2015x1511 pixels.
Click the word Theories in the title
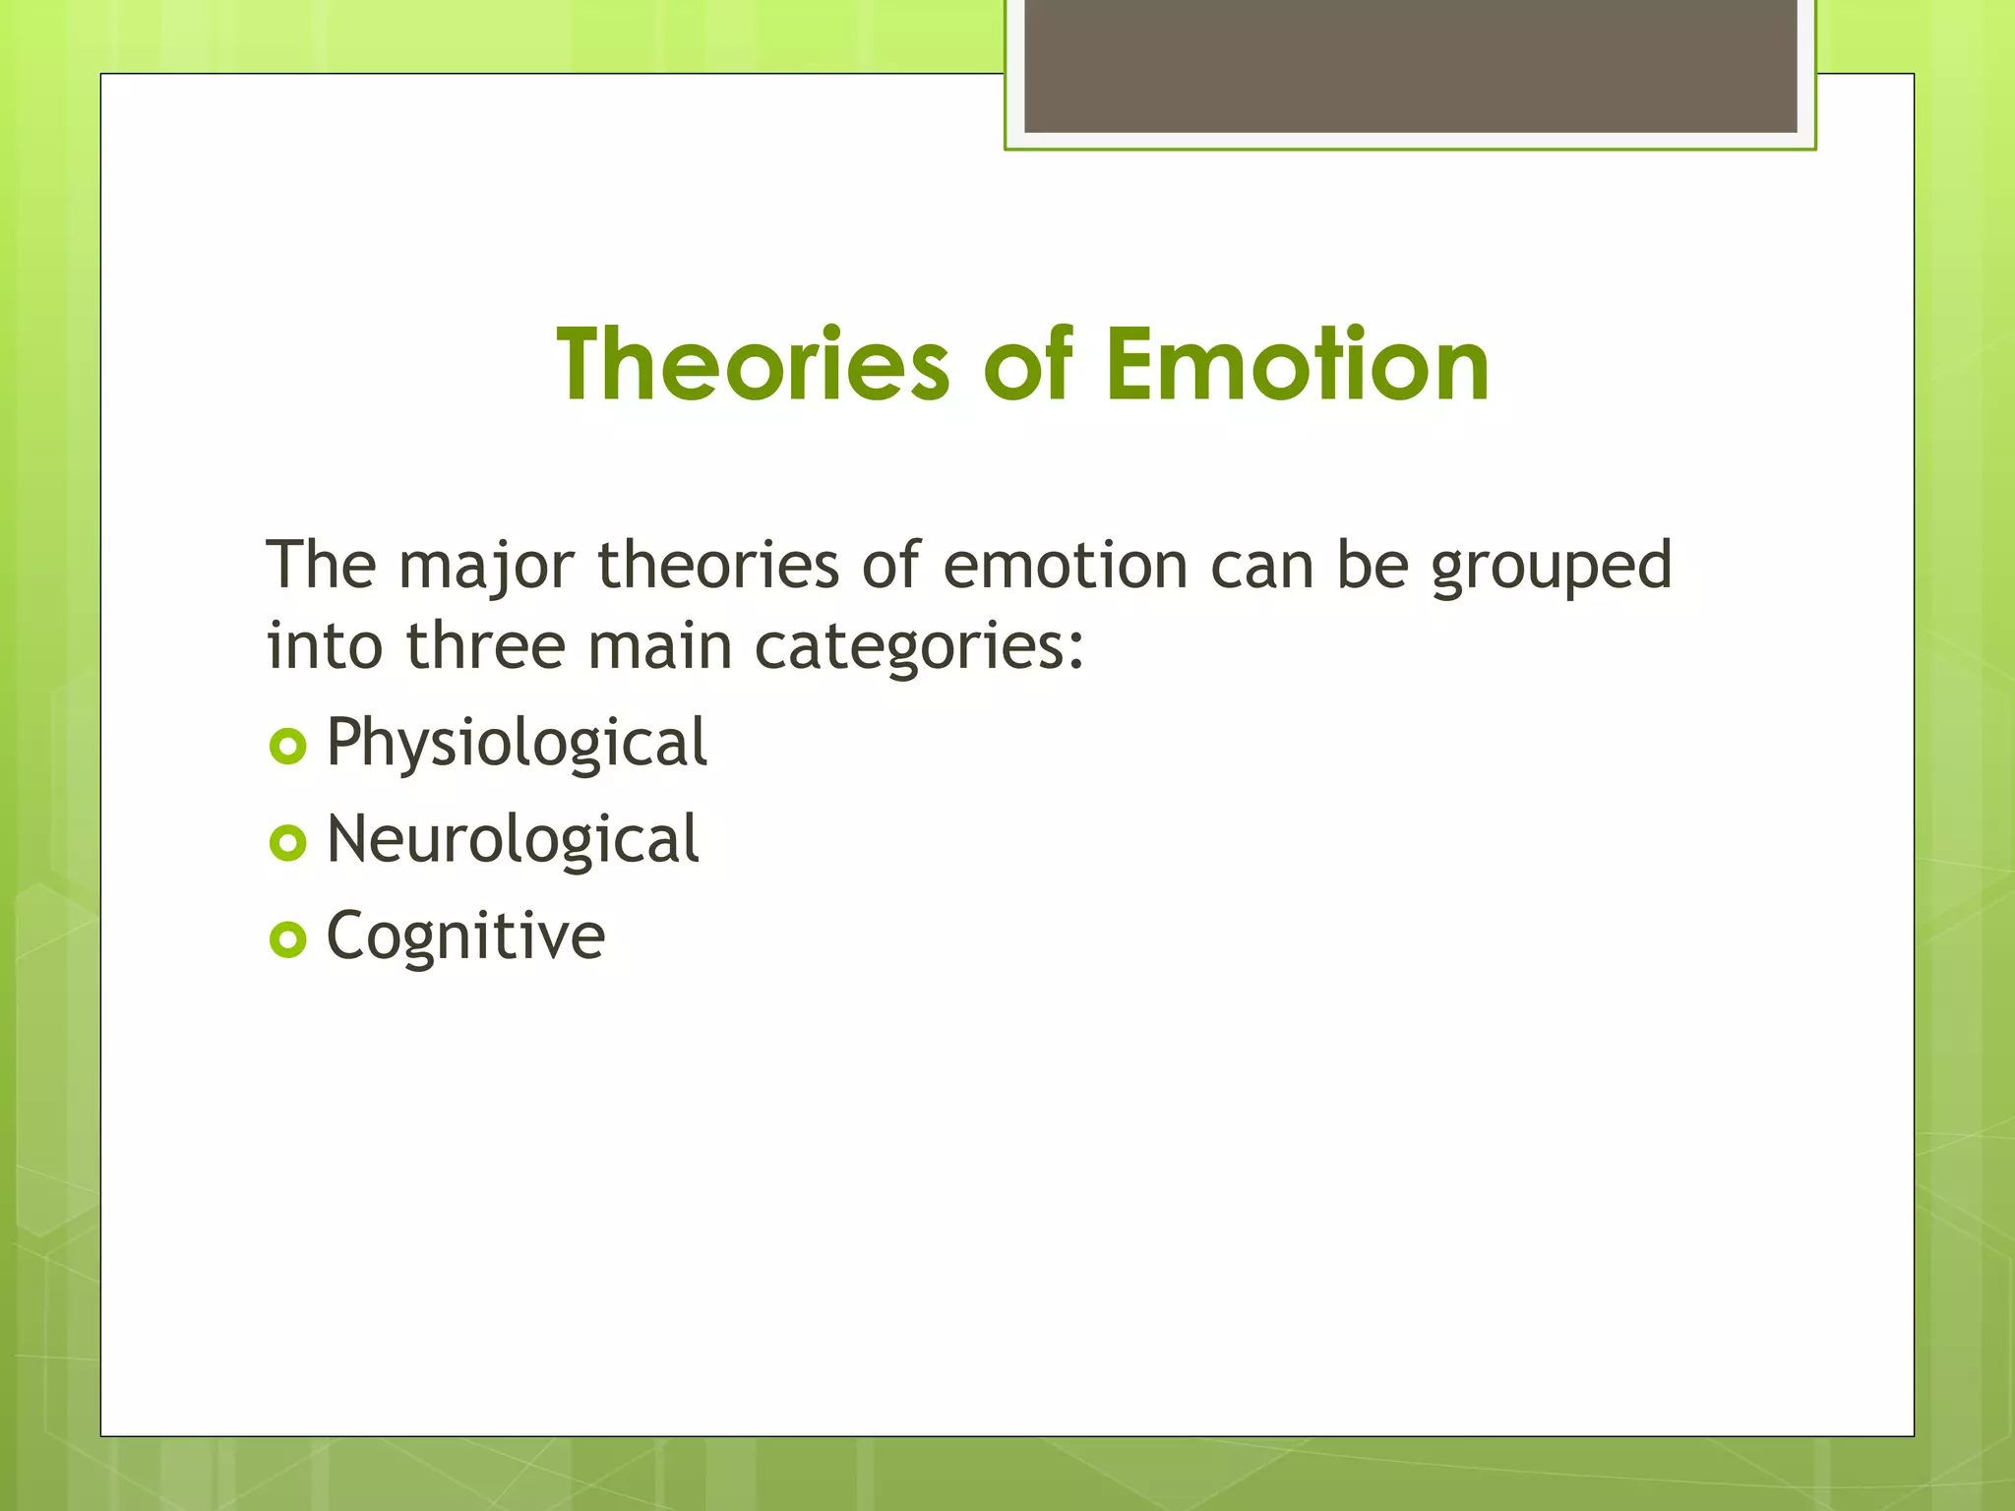click(753, 365)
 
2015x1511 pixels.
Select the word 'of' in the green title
click(1027, 365)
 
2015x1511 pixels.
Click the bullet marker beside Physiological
click(287, 747)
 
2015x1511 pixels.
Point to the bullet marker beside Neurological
click(287, 843)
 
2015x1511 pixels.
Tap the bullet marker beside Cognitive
click(287, 939)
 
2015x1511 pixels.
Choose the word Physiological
click(517, 744)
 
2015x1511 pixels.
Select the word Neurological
click(513, 840)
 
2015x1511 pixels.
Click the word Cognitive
click(465, 937)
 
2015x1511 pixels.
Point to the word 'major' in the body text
click(486, 568)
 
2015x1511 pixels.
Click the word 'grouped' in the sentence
click(1551, 568)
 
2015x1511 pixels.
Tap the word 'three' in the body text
click(486, 647)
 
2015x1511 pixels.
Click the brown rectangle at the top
click(1410, 66)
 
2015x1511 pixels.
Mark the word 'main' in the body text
click(659, 647)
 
